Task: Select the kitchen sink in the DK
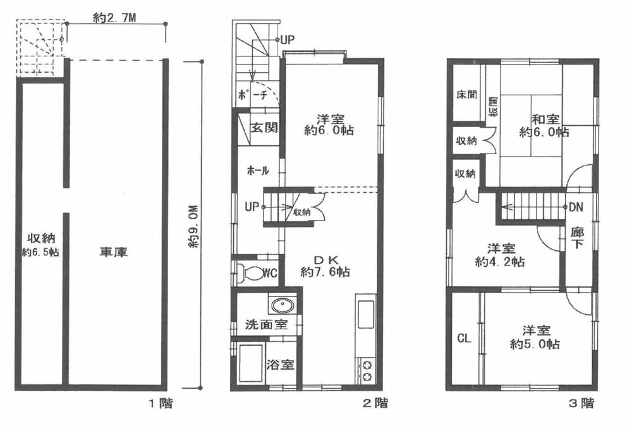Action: pos(366,314)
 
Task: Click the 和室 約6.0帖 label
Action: pos(544,125)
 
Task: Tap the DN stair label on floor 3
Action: pos(576,207)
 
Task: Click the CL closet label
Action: pos(464,338)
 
